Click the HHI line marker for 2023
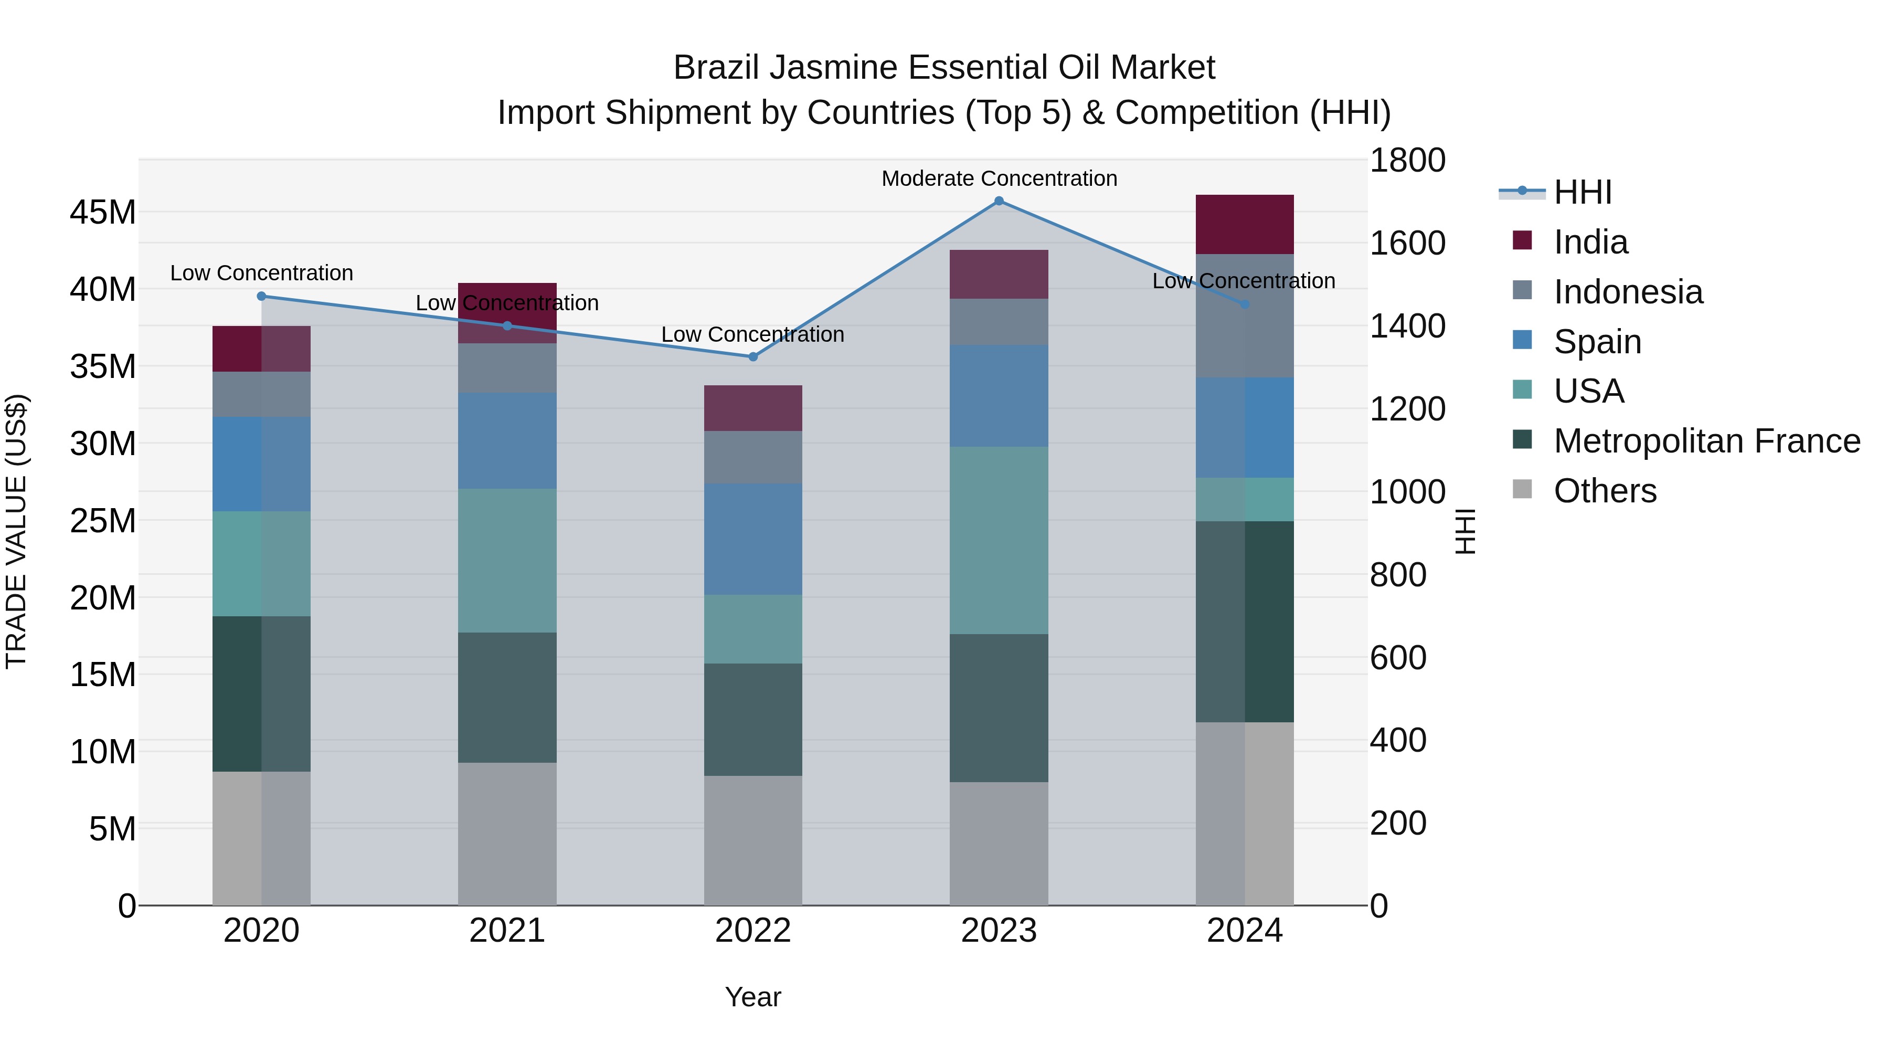[x=999, y=201]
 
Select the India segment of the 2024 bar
[x=1245, y=225]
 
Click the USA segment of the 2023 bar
[x=999, y=541]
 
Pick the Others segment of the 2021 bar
[x=507, y=834]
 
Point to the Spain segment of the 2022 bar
[x=752, y=539]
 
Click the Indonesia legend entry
[x=1628, y=292]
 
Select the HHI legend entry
[x=1583, y=192]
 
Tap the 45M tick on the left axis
[x=103, y=213]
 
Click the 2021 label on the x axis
[x=507, y=931]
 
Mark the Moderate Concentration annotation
[x=999, y=178]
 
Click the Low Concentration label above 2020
[x=261, y=273]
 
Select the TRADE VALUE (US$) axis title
[x=16, y=531]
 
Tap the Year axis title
[x=752, y=997]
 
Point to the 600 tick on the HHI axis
[x=1398, y=657]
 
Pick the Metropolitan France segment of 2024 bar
[x=1245, y=622]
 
